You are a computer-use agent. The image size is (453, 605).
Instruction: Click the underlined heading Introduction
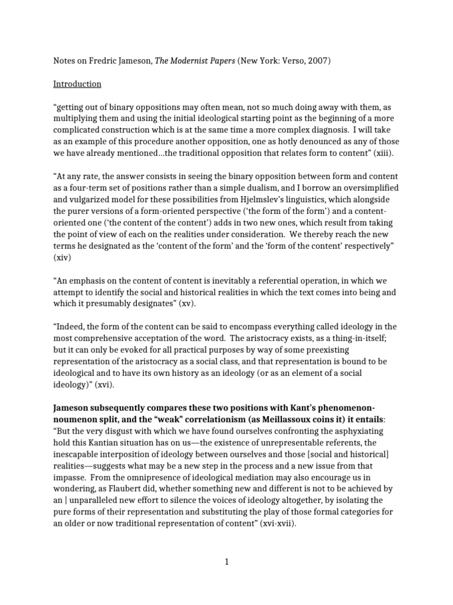(77, 84)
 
